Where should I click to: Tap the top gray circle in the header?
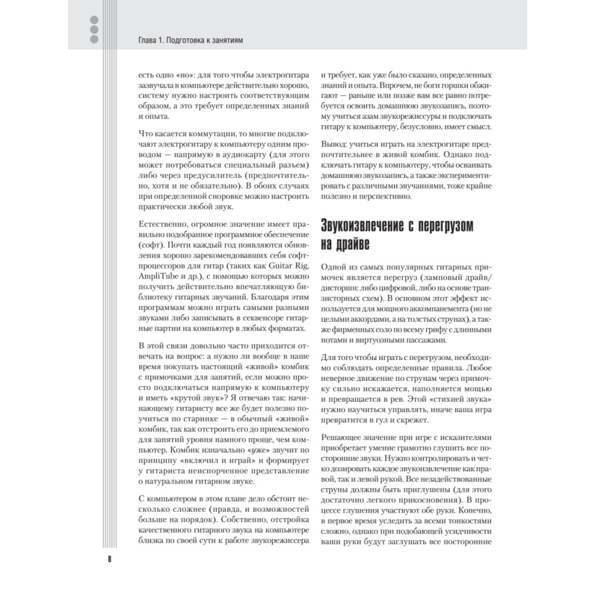[93, 17]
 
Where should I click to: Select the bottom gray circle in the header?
[93, 39]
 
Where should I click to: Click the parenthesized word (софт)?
[151, 245]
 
